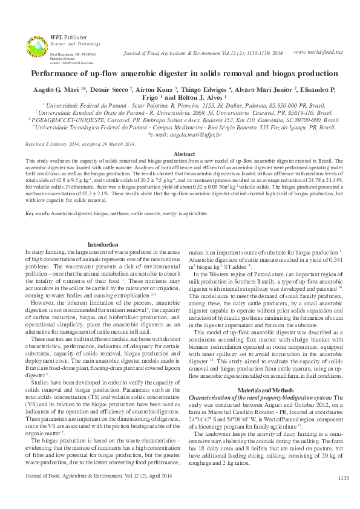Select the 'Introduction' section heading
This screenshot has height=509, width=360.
(x=103, y=244)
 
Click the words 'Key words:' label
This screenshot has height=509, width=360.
(x=38, y=214)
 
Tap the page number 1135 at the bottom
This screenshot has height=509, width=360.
(x=344, y=495)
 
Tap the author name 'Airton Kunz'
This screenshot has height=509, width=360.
(x=145, y=89)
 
